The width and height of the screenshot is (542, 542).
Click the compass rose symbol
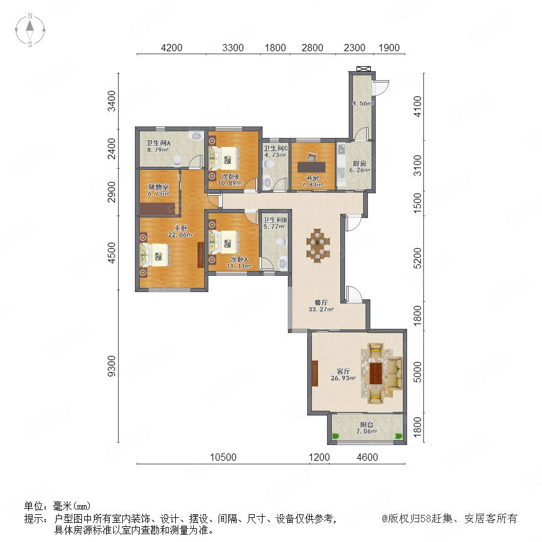[30, 30]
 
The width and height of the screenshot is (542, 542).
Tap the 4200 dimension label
[172, 48]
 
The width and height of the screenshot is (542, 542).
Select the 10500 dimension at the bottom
[223, 457]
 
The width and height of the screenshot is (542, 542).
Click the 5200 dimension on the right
[418, 258]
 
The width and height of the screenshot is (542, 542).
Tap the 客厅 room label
[343, 371]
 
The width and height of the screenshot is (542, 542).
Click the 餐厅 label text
[321, 302]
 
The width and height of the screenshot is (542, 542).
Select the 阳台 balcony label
[366, 425]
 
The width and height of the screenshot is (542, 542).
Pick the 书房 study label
[313, 178]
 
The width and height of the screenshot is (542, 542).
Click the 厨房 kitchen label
[360, 163]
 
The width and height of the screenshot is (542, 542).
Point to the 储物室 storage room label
[158, 187]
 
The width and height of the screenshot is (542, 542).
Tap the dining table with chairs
[318, 246]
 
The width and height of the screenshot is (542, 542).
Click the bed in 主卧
[155, 255]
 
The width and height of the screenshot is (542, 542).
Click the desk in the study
[311, 167]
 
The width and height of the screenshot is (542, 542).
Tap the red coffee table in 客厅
[376, 373]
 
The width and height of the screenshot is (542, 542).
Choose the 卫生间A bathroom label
[158, 143]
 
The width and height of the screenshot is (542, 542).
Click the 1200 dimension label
[319, 457]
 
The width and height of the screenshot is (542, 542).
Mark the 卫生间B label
[275, 220]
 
